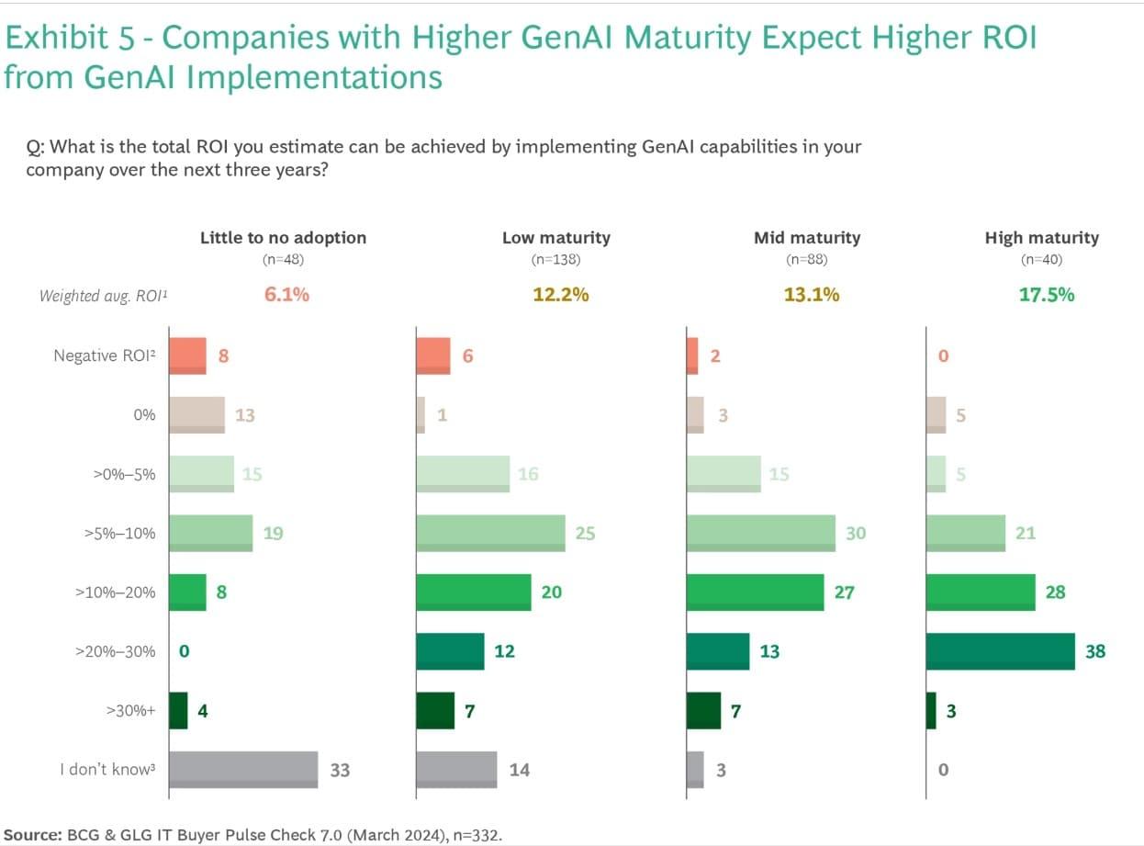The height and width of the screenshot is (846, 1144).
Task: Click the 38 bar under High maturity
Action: (x=1000, y=651)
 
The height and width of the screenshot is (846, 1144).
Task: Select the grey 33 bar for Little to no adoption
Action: (x=243, y=770)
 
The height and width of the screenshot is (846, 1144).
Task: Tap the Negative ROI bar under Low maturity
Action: (x=433, y=355)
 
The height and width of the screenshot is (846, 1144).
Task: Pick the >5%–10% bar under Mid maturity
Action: (x=761, y=533)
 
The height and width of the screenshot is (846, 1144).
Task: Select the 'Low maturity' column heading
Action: (x=555, y=238)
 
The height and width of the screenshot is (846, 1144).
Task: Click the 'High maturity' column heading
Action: (x=1041, y=238)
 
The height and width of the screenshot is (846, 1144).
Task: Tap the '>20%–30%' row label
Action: (x=115, y=651)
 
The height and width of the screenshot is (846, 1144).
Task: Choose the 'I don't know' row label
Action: (x=104, y=770)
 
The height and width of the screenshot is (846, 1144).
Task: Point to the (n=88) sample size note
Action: (x=807, y=260)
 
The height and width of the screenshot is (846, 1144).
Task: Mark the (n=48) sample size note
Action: (x=283, y=260)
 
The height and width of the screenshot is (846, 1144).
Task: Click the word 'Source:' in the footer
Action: (x=32, y=833)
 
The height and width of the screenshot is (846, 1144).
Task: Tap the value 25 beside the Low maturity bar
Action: (x=585, y=533)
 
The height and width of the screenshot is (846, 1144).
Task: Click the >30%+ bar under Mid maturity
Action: (x=703, y=710)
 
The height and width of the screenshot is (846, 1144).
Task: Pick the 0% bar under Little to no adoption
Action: (x=196, y=414)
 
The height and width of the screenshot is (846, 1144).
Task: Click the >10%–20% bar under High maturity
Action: (x=981, y=592)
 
